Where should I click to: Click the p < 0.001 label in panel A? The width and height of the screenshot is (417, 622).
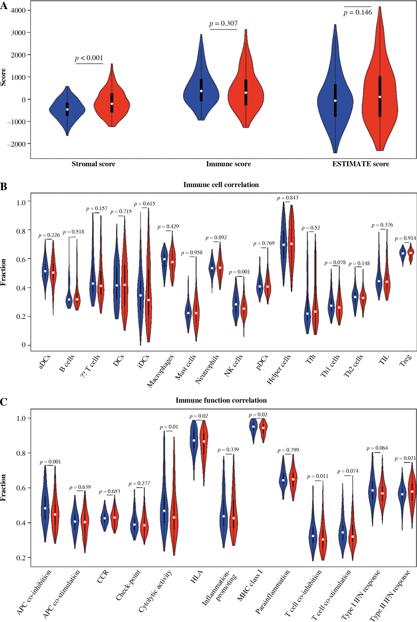(89, 58)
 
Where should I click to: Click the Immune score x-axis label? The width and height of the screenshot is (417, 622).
(228, 164)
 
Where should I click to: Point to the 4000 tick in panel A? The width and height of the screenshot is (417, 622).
(18, 10)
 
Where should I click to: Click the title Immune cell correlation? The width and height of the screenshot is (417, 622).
(221, 185)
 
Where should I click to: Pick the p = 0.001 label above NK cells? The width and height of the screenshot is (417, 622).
(239, 272)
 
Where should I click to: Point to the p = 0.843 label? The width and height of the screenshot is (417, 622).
(288, 198)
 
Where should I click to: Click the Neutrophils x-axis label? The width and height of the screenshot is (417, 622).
(207, 369)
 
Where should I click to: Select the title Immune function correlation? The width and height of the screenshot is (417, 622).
(221, 400)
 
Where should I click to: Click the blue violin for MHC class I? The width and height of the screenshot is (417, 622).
(253, 427)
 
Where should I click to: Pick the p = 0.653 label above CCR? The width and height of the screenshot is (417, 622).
(109, 491)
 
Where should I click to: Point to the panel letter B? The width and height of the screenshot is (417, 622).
(4, 187)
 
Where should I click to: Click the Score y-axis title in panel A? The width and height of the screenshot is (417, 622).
(3, 77)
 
